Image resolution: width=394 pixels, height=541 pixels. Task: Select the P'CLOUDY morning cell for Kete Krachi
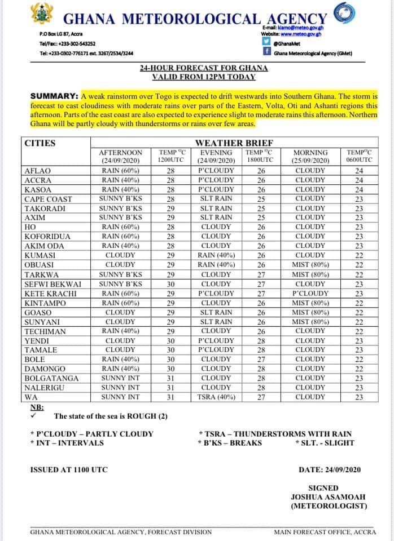[x=310, y=293]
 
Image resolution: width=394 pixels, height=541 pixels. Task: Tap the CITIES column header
[x=40, y=143]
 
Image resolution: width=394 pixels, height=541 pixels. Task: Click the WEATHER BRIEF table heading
[x=234, y=143]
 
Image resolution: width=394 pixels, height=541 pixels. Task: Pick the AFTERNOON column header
[x=120, y=152]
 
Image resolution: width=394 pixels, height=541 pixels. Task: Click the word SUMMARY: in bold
[x=54, y=96]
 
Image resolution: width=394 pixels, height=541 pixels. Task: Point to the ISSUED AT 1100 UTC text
[x=68, y=469]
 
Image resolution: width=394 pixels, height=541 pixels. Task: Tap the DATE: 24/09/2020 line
[x=329, y=469]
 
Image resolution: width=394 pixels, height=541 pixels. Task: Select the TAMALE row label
[x=37, y=349]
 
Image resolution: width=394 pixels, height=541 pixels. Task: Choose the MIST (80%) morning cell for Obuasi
[x=310, y=264]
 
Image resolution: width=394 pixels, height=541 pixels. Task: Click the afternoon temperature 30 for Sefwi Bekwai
[x=168, y=283]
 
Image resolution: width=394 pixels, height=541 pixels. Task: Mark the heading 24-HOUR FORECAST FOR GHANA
[x=204, y=68]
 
